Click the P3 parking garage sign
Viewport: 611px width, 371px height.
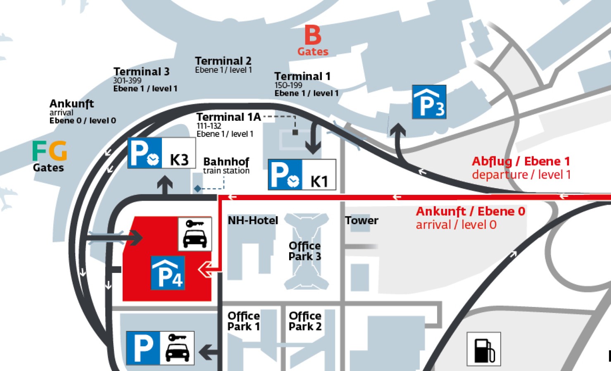click(x=429, y=102)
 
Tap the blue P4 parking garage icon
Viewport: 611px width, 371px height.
click(x=168, y=273)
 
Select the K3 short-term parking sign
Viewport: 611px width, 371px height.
click(x=161, y=153)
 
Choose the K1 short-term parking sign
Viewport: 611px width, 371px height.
click(x=302, y=175)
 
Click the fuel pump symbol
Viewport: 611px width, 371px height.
click(x=483, y=349)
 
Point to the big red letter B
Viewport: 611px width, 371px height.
click(x=313, y=35)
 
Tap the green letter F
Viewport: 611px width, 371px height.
click(x=40, y=151)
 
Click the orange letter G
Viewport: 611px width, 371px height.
click(x=58, y=151)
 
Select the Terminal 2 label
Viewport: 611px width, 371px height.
click(x=223, y=61)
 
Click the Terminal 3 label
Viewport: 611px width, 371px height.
click(x=141, y=72)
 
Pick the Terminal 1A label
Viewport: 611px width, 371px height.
click(x=228, y=117)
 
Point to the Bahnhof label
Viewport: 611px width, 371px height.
click(x=226, y=162)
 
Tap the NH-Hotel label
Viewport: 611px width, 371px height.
click(x=253, y=220)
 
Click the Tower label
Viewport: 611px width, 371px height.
click(x=361, y=220)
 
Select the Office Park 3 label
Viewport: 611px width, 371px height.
click(x=304, y=251)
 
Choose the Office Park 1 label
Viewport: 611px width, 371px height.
click(x=243, y=321)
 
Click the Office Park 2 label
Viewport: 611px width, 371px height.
click(x=305, y=321)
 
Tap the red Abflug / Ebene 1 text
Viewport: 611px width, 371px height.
click(x=521, y=161)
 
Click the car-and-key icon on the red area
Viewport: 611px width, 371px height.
click(x=195, y=234)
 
